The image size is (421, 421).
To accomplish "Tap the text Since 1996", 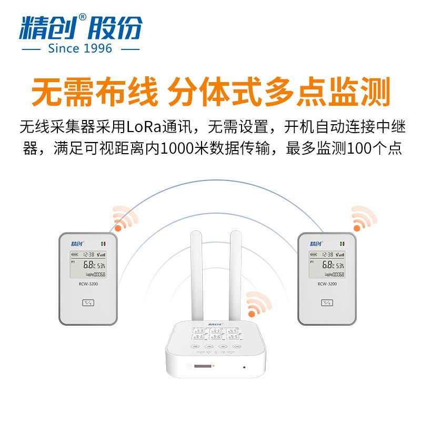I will tap(80, 48).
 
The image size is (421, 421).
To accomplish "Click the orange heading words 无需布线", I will tap(94, 92).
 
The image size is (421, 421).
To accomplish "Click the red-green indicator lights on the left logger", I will tap(104, 244).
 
